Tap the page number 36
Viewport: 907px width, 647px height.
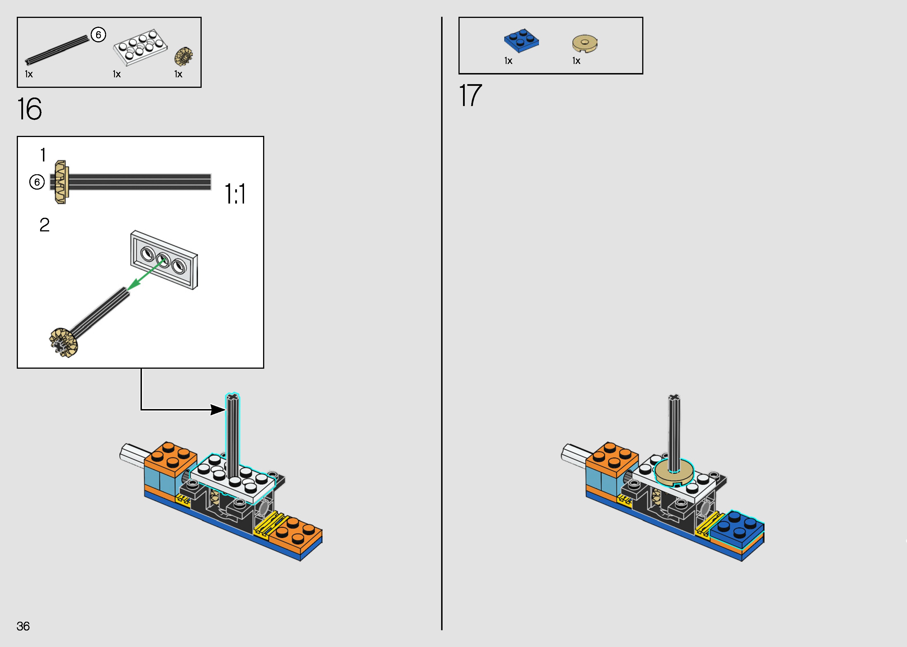tap(23, 626)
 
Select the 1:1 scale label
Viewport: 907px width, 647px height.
tap(235, 194)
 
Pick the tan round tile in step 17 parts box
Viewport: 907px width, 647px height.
tap(584, 43)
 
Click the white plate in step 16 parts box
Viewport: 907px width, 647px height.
tap(140, 47)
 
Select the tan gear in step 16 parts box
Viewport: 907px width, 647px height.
tap(183, 56)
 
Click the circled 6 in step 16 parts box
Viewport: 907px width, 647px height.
tap(98, 35)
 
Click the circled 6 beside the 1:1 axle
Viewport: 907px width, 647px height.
tap(37, 182)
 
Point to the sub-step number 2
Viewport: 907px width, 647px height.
tap(44, 225)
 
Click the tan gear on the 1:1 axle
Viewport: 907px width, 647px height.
tap(61, 182)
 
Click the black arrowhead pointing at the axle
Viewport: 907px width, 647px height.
tap(218, 410)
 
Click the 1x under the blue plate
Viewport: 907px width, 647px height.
tap(508, 61)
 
